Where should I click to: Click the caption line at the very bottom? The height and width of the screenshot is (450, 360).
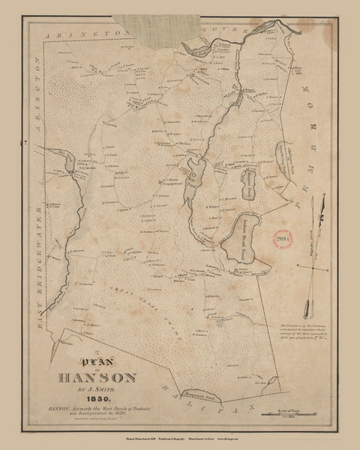pyautogui.click(x=180, y=435)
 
